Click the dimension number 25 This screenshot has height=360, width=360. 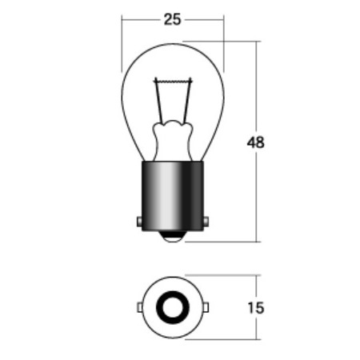tap(172, 20)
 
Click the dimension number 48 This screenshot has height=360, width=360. tap(255, 142)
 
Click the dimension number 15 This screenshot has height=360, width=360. tap(256, 308)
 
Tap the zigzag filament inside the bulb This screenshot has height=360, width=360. tap(173, 81)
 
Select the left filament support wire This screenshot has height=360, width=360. tap(158, 102)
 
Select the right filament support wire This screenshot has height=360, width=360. tap(187, 102)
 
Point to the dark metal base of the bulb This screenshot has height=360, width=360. tap(173, 196)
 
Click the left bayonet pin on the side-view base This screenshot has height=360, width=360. tap(139, 222)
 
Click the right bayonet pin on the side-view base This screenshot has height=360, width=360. tap(206, 222)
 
